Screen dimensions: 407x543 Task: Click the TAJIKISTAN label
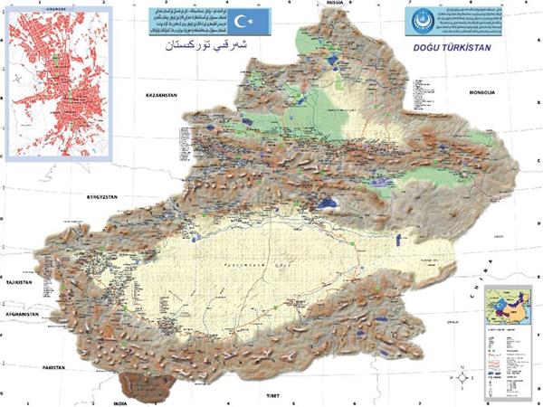(x=17, y=283)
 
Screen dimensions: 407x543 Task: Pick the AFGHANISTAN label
(x=21, y=314)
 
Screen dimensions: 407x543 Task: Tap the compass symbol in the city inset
(x=17, y=80)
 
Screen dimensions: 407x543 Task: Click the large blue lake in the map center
(x=328, y=203)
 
